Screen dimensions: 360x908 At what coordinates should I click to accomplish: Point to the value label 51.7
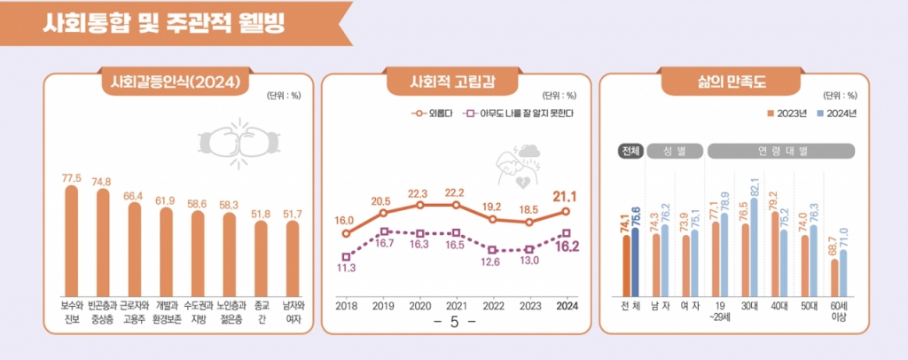click(x=292, y=214)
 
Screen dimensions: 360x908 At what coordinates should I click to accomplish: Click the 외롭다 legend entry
click(x=434, y=114)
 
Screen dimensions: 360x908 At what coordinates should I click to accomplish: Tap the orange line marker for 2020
click(x=419, y=205)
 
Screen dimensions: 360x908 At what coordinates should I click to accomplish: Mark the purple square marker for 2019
click(x=383, y=231)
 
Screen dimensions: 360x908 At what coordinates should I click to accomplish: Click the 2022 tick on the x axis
click(x=492, y=305)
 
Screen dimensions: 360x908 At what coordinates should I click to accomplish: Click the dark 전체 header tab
click(x=631, y=151)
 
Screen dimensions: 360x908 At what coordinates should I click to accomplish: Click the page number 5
click(x=453, y=322)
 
